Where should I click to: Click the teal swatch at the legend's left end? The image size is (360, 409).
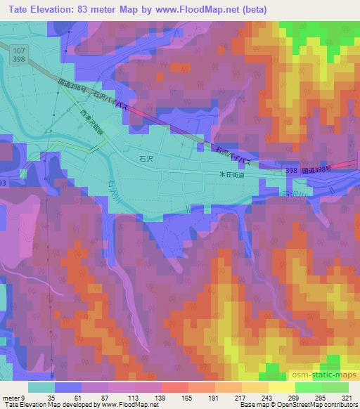(x=41, y=387)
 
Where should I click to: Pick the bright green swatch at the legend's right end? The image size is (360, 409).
(x=335, y=387)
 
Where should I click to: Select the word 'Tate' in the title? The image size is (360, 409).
(x=16, y=8)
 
